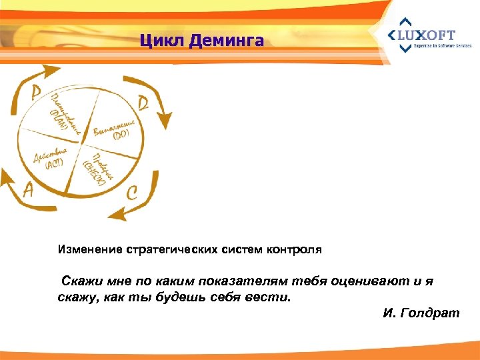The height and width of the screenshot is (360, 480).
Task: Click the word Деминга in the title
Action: click(227, 41)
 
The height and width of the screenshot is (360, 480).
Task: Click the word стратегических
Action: click(171, 250)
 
